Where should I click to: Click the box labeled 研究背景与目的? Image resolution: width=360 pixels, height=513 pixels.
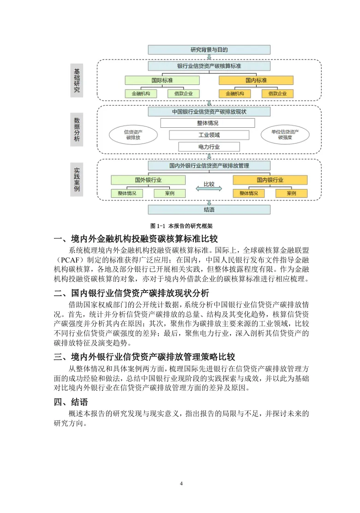click(209, 50)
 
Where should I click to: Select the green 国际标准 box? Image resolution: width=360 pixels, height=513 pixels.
click(162, 80)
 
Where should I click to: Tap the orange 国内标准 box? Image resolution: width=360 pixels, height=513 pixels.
click(256, 80)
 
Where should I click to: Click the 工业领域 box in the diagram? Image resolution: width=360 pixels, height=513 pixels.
click(209, 135)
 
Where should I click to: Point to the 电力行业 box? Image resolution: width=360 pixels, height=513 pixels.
click(209, 147)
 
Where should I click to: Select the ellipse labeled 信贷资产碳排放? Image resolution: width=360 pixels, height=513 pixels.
click(133, 135)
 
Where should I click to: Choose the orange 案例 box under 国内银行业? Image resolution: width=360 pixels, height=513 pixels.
click(291, 193)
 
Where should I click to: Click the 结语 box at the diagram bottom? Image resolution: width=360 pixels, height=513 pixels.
click(209, 209)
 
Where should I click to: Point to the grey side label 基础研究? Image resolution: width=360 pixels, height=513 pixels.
click(77, 82)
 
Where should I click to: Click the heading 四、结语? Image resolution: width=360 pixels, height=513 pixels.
click(71, 401)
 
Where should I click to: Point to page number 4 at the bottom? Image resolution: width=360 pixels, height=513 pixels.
click(181, 483)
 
